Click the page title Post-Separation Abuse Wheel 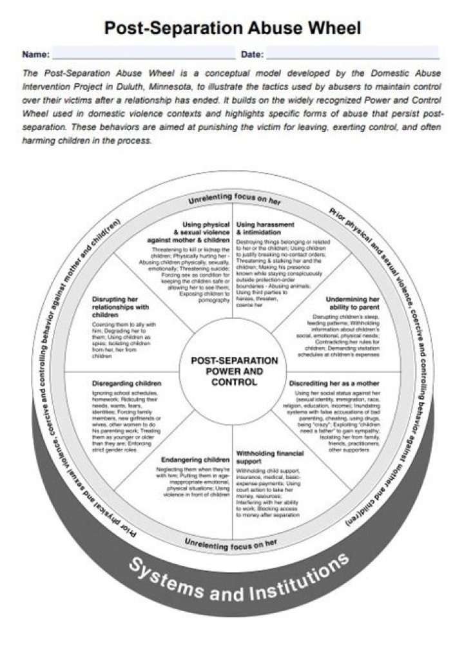(x=232, y=28)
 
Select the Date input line (x=352, y=54)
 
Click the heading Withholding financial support (x=269, y=457)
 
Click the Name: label (x=35, y=54)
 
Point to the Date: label (x=251, y=54)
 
